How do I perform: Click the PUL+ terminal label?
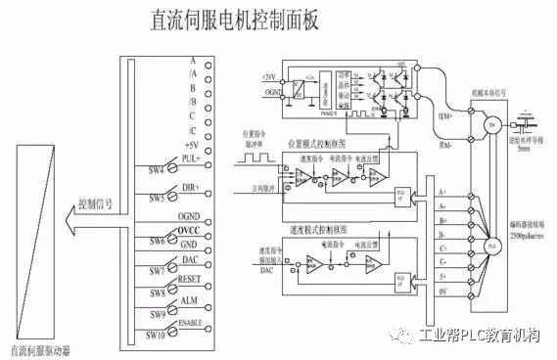click(191, 157)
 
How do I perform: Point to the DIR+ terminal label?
click(191, 186)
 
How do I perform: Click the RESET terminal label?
click(190, 279)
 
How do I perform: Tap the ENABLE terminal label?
click(189, 320)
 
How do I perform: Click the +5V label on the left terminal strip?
click(192, 144)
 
